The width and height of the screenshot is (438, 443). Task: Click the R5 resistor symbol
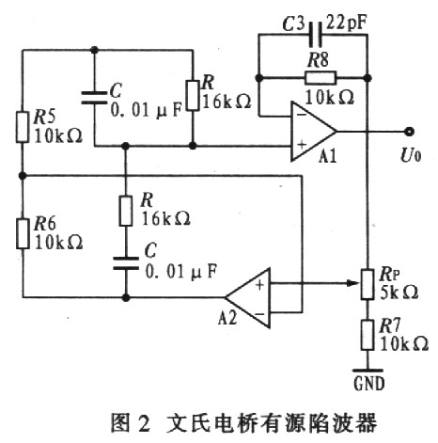23,126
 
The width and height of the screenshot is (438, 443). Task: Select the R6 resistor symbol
23,233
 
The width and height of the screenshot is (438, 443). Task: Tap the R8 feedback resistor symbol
320,77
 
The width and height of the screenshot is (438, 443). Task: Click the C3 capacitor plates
315,34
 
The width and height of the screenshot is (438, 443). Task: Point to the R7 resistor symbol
368,335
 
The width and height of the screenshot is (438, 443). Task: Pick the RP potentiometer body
368,284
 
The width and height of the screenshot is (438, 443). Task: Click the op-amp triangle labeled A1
313,131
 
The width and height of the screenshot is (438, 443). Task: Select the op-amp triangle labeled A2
248,298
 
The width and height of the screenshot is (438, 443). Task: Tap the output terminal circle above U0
409,132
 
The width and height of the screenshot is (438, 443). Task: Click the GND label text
369,383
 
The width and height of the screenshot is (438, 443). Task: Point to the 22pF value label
347,23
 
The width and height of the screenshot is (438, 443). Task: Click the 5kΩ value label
399,293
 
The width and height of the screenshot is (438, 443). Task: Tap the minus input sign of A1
302,115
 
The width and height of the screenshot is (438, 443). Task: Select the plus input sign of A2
259,285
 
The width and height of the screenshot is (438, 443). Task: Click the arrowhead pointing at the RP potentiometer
354,283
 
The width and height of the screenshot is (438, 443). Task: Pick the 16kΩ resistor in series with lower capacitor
126,211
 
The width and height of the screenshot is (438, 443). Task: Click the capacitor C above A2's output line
126,263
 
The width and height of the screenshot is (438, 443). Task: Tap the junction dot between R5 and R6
23,176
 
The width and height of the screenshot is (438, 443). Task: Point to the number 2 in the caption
144,424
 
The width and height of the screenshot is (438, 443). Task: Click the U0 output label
411,155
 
